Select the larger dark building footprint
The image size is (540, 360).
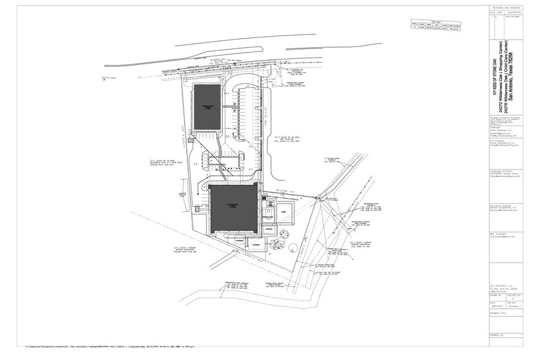(x=234, y=209)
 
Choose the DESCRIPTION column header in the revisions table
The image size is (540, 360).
(x=513, y=12)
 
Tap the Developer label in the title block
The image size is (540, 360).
(x=495, y=127)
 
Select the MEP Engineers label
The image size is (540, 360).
(x=497, y=233)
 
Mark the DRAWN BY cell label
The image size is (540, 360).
(x=495, y=294)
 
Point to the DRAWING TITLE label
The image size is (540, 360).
(x=498, y=313)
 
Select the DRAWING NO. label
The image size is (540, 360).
(x=497, y=335)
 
